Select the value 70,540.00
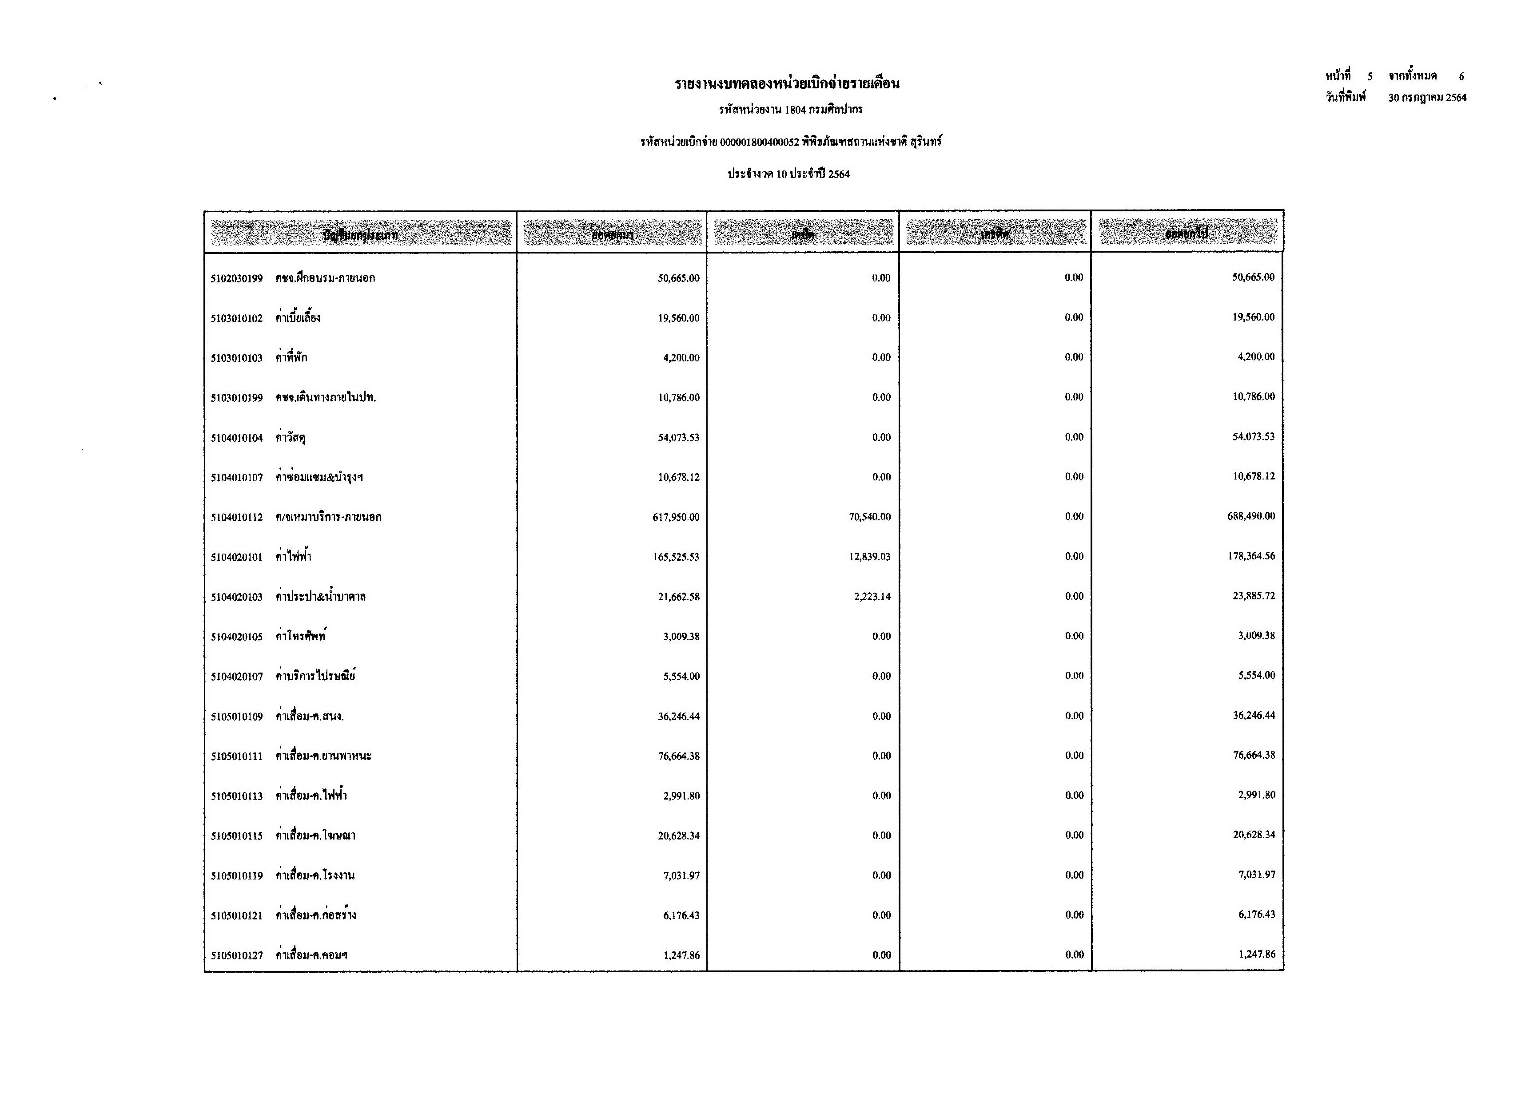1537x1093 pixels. pyautogui.click(x=869, y=517)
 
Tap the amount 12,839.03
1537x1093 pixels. pyautogui.click(x=869, y=557)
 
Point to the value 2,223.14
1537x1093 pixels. pyautogui.click(x=872, y=596)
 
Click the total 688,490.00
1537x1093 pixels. pyautogui.click(x=1251, y=516)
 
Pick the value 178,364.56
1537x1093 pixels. pyautogui.click(x=1251, y=556)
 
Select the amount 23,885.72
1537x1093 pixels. pyautogui.click(x=1254, y=596)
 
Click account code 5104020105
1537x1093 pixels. pyautogui.click(x=236, y=637)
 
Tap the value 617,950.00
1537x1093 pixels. pyautogui.click(x=676, y=517)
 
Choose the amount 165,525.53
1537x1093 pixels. pyautogui.click(x=676, y=557)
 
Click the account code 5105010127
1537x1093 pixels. pyautogui.click(x=236, y=955)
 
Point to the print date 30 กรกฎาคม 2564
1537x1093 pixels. pyautogui.click(x=1427, y=98)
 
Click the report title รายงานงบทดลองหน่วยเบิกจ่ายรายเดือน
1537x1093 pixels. pyautogui.click(x=787, y=84)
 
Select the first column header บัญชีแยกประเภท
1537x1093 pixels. pyautogui.click(x=360, y=234)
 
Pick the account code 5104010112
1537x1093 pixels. pyautogui.click(x=236, y=517)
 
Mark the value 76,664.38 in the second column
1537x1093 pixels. pyautogui.click(x=679, y=756)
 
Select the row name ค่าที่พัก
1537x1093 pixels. pyautogui.click(x=291, y=357)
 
